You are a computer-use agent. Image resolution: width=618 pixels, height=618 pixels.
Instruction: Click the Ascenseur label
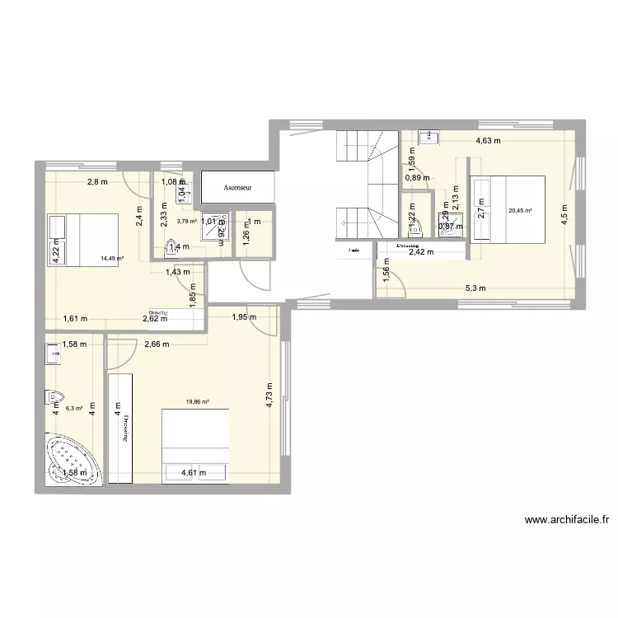click(x=236, y=188)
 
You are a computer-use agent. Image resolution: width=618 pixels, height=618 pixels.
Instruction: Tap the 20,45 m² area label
click(x=521, y=211)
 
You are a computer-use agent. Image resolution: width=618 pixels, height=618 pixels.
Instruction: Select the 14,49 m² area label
click(x=112, y=258)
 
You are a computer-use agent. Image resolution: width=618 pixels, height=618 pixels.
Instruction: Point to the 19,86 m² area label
click(x=197, y=403)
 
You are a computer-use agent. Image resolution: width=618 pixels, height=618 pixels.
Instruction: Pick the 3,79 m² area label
click(x=187, y=221)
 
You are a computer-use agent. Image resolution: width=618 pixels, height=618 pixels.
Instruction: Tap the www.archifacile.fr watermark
click(x=566, y=520)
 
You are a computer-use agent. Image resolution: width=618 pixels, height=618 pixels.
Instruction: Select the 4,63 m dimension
click(x=486, y=140)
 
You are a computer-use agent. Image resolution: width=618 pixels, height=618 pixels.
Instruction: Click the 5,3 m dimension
click(x=476, y=288)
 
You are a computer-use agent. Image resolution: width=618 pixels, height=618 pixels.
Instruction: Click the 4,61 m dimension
click(x=193, y=472)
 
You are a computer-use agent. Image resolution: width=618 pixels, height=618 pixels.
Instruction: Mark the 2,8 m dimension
click(x=99, y=182)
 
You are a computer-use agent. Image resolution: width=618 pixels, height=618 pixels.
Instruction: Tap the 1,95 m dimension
click(x=244, y=318)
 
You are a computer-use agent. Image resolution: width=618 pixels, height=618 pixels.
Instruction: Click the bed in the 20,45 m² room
click(x=507, y=212)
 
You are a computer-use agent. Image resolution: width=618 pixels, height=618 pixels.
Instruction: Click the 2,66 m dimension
click(x=156, y=344)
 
